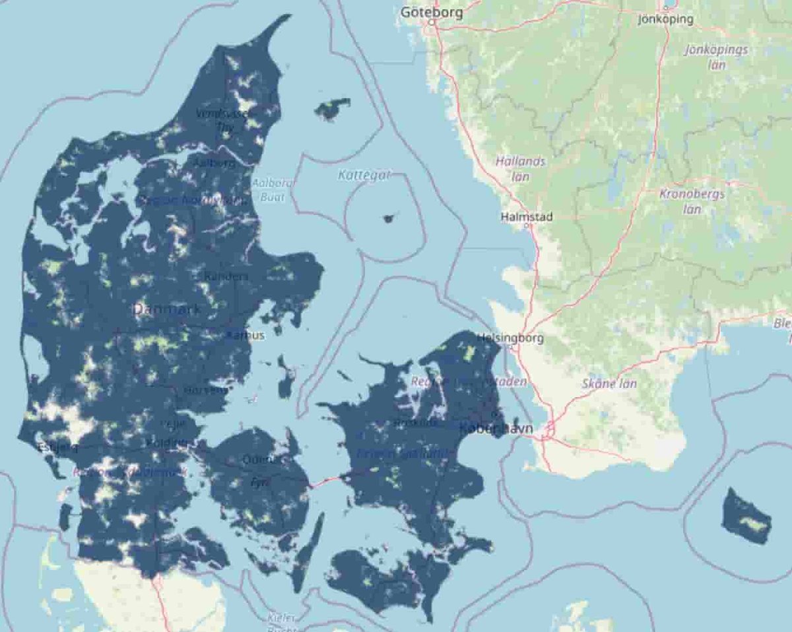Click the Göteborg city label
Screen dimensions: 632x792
[432, 12]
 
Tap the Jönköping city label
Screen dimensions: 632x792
[666, 19]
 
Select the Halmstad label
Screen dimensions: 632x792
[527, 216]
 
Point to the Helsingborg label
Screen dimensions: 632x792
[510, 338]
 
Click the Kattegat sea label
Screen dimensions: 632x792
[364, 175]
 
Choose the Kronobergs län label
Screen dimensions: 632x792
[692, 201]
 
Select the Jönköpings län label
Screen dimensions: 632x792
[716, 57]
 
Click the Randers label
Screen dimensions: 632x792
[226, 276]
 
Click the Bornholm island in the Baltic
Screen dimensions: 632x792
[746, 516]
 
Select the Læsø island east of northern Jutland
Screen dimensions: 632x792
[333, 109]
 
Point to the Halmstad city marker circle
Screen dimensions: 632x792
[526, 225]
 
